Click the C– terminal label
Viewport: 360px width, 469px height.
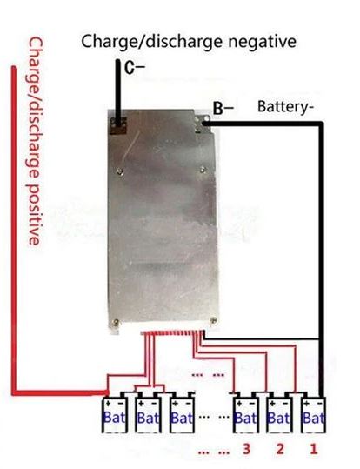pyautogui.click(x=134, y=68)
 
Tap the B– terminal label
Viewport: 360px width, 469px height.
pyautogui.click(x=223, y=108)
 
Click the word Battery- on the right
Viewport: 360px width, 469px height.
pyautogui.click(x=285, y=107)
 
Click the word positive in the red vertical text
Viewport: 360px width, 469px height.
pyautogui.click(x=34, y=214)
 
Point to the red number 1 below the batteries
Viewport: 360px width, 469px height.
pyautogui.click(x=313, y=449)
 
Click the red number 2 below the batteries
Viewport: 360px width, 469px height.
pyautogui.click(x=280, y=449)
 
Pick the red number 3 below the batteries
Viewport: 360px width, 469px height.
pyautogui.click(x=246, y=449)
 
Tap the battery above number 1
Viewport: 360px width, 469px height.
pyautogui.click(x=313, y=415)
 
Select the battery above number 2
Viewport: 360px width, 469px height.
pyautogui.click(x=279, y=415)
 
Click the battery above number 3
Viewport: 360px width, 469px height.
pyautogui.click(x=246, y=415)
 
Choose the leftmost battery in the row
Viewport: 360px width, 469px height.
pyautogui.click(x=115, y=415)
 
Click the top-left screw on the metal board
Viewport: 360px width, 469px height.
pyautogui.click(x=120, y=171)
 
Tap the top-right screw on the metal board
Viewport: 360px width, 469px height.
pyautogui.click(x=203, y=170)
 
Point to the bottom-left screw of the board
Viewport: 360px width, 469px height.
pyautogui.click(x=116, y=323)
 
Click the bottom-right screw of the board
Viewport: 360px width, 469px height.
pyautogui.click(x=214, y=320)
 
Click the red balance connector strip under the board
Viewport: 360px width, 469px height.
pyautogui.click(x=173, y=333)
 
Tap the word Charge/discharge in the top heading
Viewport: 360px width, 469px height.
pyautogui.click(x=152, y=42)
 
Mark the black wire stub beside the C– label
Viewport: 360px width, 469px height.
pyautogui.click(x=119, y=92)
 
